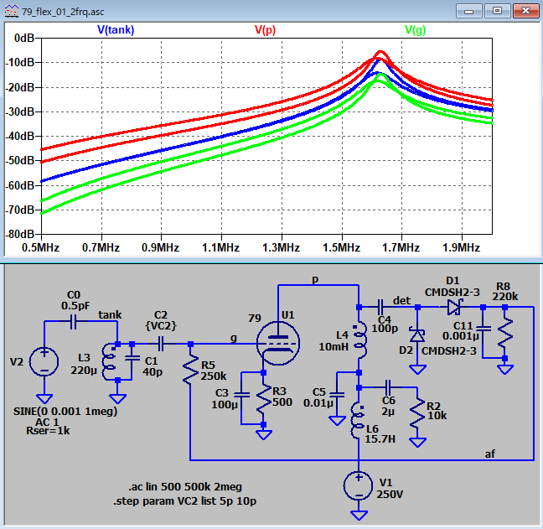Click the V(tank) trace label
coord(116,30)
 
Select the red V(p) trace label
coord(265,30)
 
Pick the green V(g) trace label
coord(416,30)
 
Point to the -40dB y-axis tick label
coord(20,136)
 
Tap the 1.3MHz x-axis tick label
coord(282,247)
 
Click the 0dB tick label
coord(24,38)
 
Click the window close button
coord(525,11)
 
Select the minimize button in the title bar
coord(469,11)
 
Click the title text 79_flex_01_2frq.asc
coord(63,12)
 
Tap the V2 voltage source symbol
coord(44,361)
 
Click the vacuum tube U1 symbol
coord(278,344)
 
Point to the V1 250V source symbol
coord(359,485)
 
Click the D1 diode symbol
coord(454,307)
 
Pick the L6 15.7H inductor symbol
coord(358,421)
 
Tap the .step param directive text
coord(184,501)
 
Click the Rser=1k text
coord(48,431)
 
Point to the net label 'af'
coord(490,454)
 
